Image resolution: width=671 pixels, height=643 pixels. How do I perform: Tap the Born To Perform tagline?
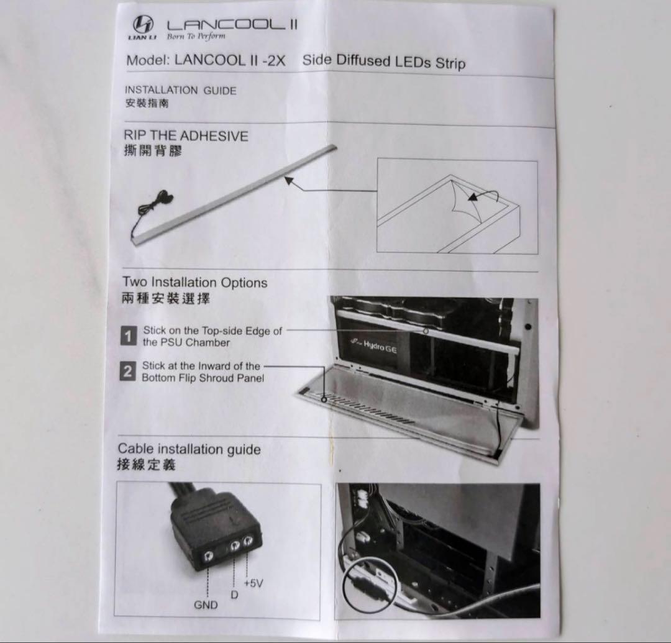point(196,37)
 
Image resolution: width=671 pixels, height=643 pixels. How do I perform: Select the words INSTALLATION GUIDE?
point(181,90)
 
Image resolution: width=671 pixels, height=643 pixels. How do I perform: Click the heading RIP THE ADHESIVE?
point(186,135)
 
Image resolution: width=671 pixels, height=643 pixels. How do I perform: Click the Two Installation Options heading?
point(194,283)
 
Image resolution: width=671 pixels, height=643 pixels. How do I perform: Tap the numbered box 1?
point(128,337)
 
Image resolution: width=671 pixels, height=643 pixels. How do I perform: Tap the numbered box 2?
point(127,372)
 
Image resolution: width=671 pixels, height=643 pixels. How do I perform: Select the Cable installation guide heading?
point(189,449)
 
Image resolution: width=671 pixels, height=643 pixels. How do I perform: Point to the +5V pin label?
point(254,583)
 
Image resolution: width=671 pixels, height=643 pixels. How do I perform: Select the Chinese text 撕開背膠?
point(153,151)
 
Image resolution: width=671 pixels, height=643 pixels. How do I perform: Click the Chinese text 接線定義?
point(146,465)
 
